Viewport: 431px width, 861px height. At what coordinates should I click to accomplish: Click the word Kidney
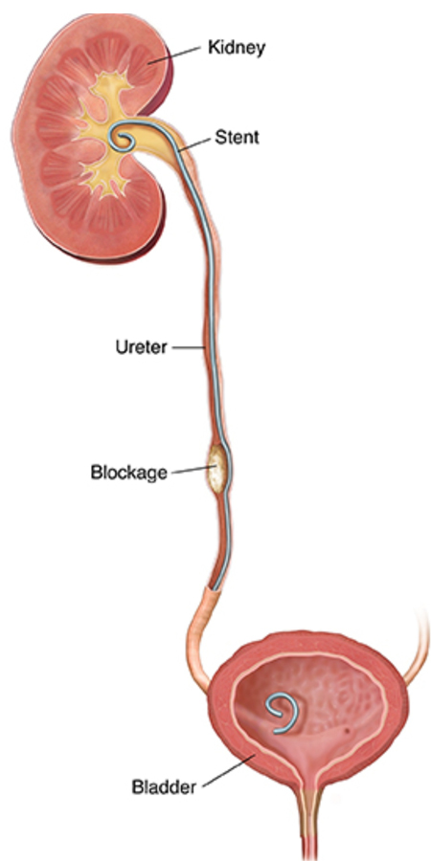(x=237, y=48)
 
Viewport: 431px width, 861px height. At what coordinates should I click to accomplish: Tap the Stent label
(x=237, y=137)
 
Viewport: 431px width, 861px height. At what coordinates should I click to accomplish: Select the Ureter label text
(x=141, y=347)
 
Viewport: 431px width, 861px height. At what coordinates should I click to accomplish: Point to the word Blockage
(x=128, y=473)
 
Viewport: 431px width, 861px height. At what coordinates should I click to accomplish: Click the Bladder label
(x=164, y=787)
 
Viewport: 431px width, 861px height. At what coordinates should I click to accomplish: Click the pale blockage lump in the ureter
(x=216, y=468)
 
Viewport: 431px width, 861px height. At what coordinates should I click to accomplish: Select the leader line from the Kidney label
(x=180, y=55)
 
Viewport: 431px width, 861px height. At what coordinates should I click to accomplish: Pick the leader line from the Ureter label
(x=188, y=347)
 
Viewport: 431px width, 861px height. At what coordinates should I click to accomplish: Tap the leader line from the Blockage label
(x=192, y=470)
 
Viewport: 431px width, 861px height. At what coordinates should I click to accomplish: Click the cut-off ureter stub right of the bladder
(x=419, y=648)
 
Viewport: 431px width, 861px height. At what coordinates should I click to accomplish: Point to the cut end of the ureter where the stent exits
(x=213, y=588)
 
